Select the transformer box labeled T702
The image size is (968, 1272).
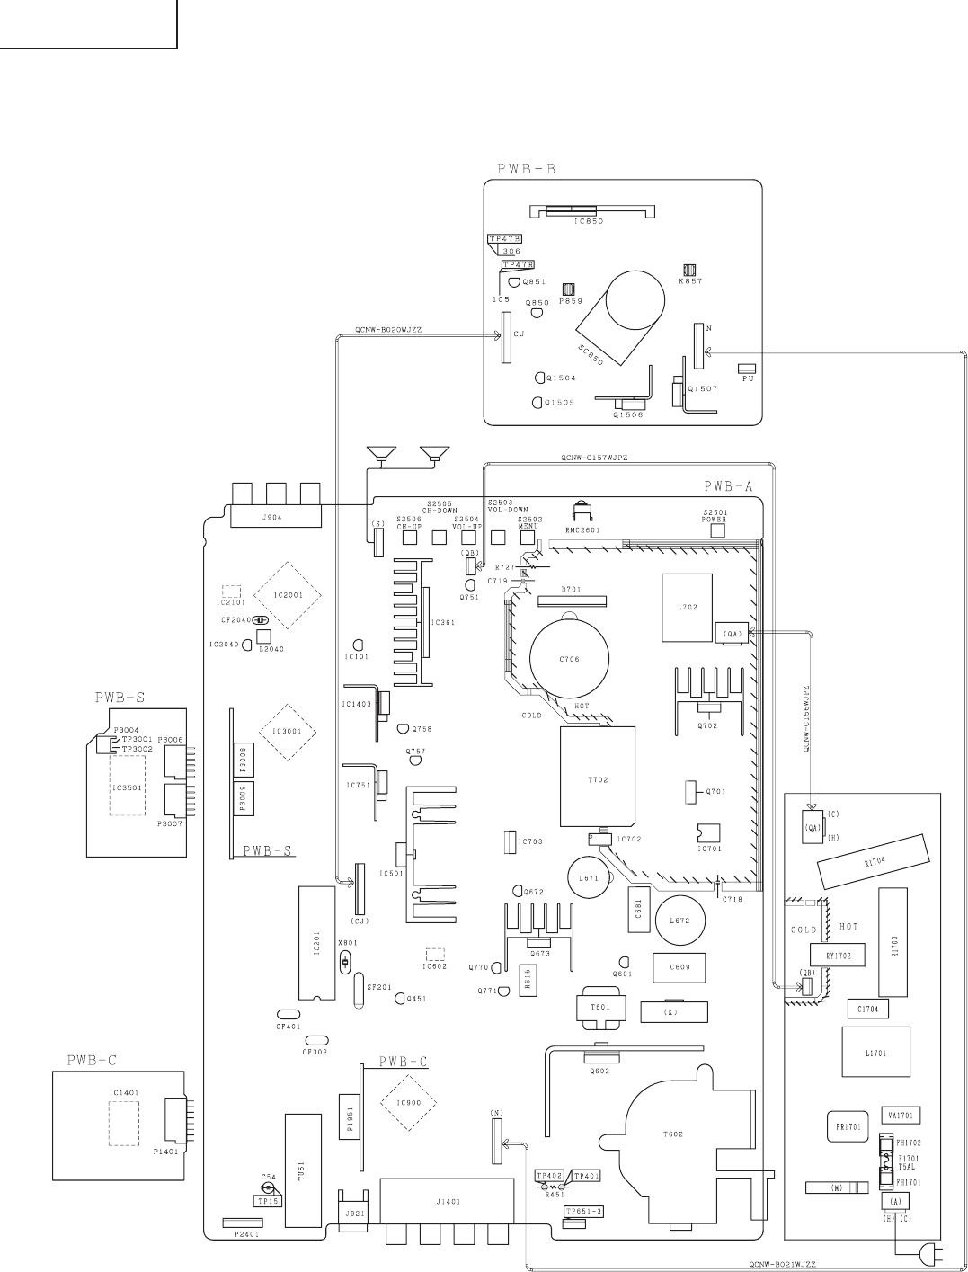click(x=599, y=778)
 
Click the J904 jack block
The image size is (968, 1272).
click(x=276, y=516)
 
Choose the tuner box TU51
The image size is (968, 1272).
click(x=302, y=1171)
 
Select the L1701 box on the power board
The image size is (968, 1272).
click(x=875, y=1053)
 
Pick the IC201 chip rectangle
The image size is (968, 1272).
click(x=315, y=943)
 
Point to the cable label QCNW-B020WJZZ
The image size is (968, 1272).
click(x=388, y=330)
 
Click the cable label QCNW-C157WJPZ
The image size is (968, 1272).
click(x=593, y=458)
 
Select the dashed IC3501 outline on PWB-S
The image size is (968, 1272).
click(x=127, y=785)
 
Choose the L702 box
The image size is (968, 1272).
click(x=687, y=608)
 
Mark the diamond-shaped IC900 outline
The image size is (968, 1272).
click(x=408, y=1103)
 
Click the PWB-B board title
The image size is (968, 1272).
click(x=526, y=168)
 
